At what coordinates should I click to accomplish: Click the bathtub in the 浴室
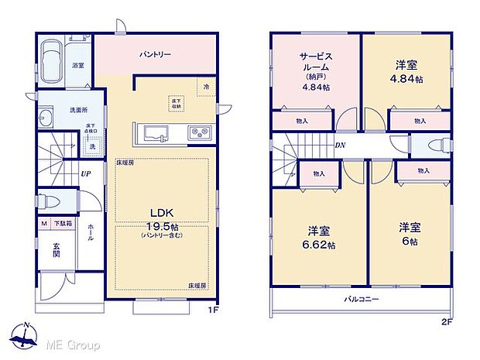pyautogui.click(x=53, y=62)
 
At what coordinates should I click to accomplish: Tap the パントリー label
pyautogui.click(x=155, y=55)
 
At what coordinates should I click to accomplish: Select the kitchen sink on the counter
pyautogui.click(x=153, y=133)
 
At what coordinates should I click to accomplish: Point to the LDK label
pyautogui.click(x=162, y=212)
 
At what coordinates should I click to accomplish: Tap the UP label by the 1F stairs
pyautogui.click(x=85, y=173)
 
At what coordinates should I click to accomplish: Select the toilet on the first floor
pyautogui.click(x=50, y=200)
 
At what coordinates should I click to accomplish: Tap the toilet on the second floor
pyautogui.click(x=430, y=146)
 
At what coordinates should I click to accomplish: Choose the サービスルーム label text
pyautogui.click(x=316, y=61)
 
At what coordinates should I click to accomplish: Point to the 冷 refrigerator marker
pyautogui.click(x=206, y=88)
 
